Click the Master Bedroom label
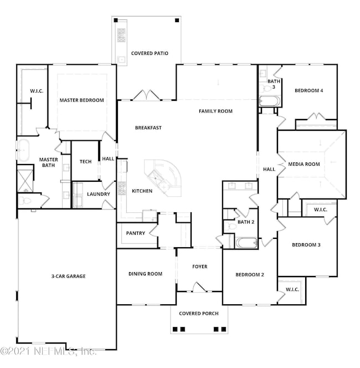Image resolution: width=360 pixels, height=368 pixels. (82, 100)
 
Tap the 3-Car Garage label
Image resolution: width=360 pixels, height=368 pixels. (65, 275)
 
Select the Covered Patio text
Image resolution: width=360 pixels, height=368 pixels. (149, 54)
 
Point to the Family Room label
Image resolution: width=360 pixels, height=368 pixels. (215, 111)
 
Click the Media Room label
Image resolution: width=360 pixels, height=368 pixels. (304, 164)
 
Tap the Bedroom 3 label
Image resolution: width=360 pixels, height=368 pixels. (306, 244)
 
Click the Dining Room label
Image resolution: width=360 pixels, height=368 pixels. (145, 274)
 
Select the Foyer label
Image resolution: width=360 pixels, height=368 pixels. (199, 267)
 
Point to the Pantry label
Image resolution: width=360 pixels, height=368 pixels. (136, 233)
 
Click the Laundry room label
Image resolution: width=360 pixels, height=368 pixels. (99, 195)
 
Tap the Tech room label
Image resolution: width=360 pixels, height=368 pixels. (85, 162)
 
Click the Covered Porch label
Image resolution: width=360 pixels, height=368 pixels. (198, 314)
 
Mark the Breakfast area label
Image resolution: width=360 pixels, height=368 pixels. (148, 128)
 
